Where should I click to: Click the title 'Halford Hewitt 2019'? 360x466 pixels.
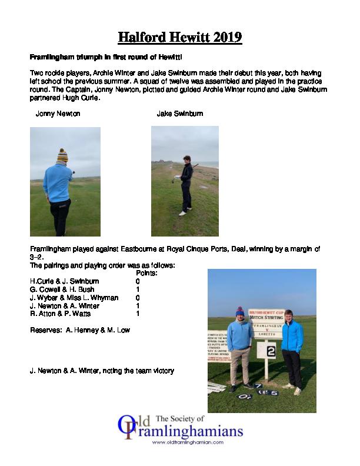tap(180, 38)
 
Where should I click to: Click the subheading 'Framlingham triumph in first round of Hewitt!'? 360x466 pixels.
tap(106, 58)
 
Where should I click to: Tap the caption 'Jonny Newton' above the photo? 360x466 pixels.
tap(58, 114)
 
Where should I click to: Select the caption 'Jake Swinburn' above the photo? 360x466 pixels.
tap(179, 114)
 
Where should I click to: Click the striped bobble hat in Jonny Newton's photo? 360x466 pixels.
tap(62, 155)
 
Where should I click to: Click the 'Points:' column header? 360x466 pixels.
tap(146, 274)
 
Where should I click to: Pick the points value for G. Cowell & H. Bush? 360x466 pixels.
tap(138, 290)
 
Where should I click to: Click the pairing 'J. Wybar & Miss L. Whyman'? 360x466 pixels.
tap(74, 298)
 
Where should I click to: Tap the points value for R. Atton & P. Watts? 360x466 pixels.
tap(138, 314)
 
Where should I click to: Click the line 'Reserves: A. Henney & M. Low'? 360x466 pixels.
tap(80, 330)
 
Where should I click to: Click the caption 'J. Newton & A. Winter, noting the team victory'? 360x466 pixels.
tap(102, 371)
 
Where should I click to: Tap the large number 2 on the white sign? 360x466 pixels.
tap(271, 352)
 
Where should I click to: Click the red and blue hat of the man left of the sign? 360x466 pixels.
tap(240, 311)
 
